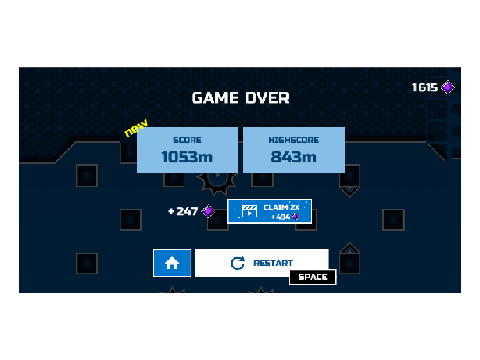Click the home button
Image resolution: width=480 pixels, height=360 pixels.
tap(172, 263)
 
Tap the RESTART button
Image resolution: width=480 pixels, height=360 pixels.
tap(262, 263)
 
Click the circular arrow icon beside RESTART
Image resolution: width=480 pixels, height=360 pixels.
tap(238, 263)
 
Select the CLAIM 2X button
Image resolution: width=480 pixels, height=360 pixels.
tap(269, 211)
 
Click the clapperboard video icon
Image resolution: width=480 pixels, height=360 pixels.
tap(249, 211)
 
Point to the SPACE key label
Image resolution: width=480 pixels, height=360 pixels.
tap(313, 277)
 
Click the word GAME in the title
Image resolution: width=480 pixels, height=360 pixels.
tap(215, 98)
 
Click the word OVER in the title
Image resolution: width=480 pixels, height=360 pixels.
tap(268, 98)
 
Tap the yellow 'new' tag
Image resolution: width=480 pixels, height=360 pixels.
tap(136, 127)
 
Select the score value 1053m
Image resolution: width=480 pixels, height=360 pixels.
tap(187, 157)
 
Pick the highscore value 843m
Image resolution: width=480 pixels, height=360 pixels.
tap(294, 157)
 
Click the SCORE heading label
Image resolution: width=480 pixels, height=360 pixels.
tap(187, 140)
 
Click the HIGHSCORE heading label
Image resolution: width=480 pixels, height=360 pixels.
tap(294, 140)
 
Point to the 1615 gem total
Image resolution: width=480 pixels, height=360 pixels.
tap(425, 87)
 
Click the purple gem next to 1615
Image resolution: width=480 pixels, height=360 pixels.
tap(448, 87)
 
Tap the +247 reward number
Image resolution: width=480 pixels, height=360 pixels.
tap(183, 211)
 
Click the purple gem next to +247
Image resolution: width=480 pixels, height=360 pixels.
tap(208, 211)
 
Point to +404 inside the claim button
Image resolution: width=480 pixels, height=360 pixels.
tap(281, 217)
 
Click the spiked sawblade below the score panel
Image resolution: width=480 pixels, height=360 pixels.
tap(217, 183)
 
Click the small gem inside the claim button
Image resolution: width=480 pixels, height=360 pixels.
tap(295, 217)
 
